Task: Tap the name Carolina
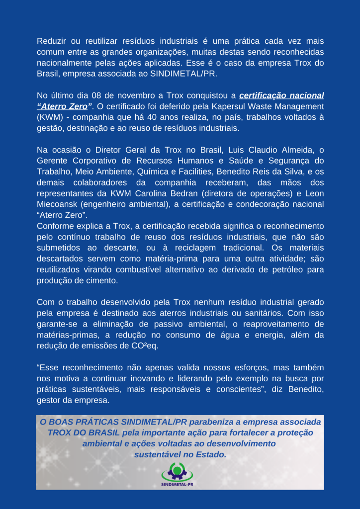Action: click(177, 193)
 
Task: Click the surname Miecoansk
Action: click(59, 204)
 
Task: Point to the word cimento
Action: click(104, 280)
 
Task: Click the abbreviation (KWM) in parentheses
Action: click(51, 117)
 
